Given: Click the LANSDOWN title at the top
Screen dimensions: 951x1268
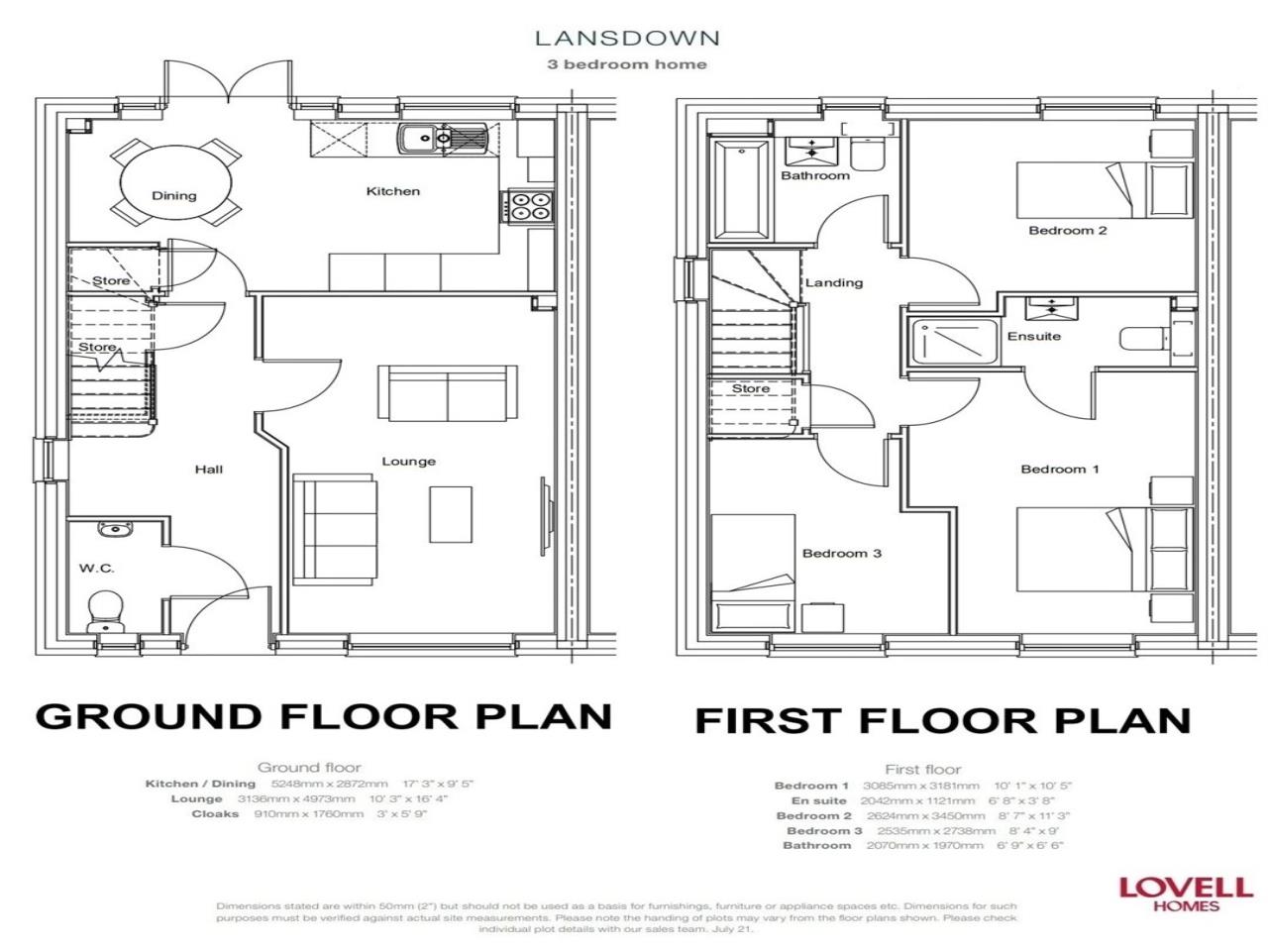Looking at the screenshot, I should point(626,39).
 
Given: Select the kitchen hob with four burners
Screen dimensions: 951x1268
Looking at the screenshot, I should point(529,206).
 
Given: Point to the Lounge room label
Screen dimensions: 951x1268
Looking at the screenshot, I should point(408,462).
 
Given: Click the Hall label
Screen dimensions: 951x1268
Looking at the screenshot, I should point(208,469).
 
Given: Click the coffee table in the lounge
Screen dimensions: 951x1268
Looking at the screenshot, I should point(444,514).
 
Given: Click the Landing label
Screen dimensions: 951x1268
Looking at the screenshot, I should point(833,282).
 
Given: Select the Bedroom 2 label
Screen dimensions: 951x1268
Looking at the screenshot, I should point(1067,231).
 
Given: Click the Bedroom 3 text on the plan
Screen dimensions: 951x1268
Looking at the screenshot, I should point(841,554).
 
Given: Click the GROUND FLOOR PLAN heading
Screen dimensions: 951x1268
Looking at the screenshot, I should point(323,717).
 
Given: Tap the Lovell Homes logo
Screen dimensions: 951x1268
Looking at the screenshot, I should point(1171,892).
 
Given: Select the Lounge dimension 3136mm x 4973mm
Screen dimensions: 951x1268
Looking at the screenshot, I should point(295,798).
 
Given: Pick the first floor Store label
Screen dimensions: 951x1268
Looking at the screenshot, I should point(750,389).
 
